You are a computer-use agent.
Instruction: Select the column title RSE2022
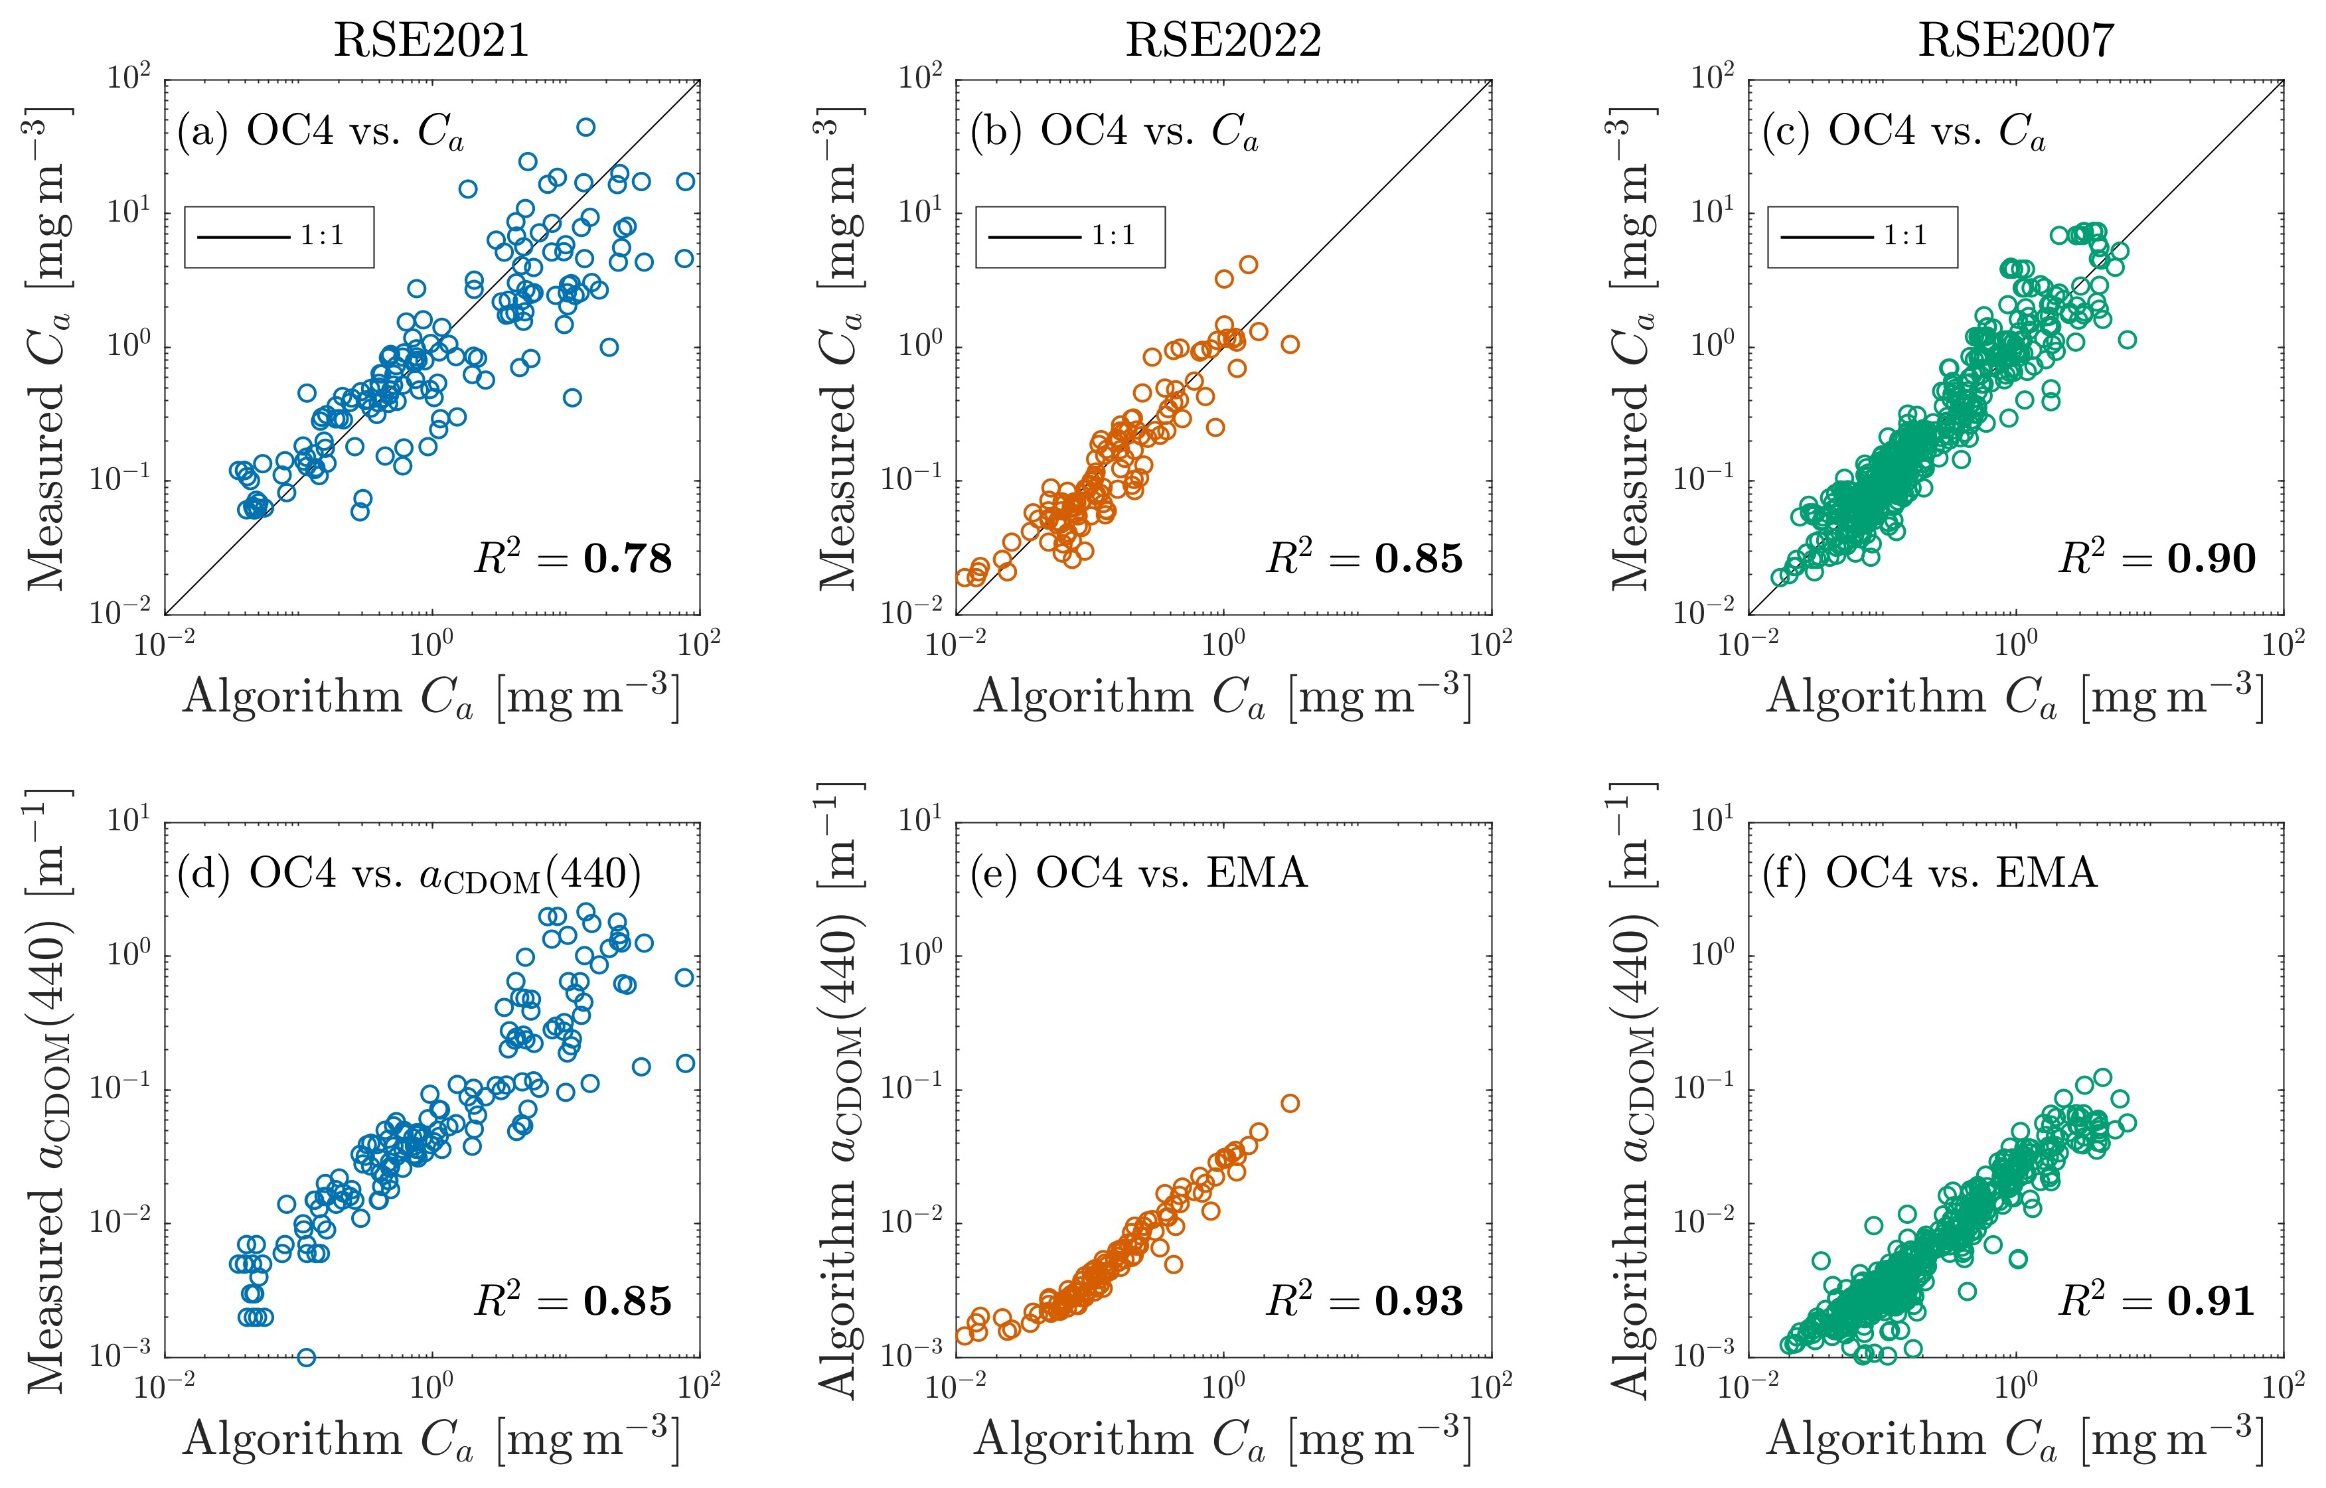tap(1223, 40)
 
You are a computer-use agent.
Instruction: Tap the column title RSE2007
tap(2016, 40)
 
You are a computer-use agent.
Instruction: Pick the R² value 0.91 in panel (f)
tap(2211, 1302)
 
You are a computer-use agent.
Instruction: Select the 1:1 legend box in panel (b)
tap(1070, 237)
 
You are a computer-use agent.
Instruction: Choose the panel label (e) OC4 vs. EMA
tap(1138, 873)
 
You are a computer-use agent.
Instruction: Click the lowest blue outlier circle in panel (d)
tap(306, 1357)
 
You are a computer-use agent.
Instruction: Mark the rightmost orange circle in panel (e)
tap(1290, 1104)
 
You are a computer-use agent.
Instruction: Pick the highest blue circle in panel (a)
tap(585, 127)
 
